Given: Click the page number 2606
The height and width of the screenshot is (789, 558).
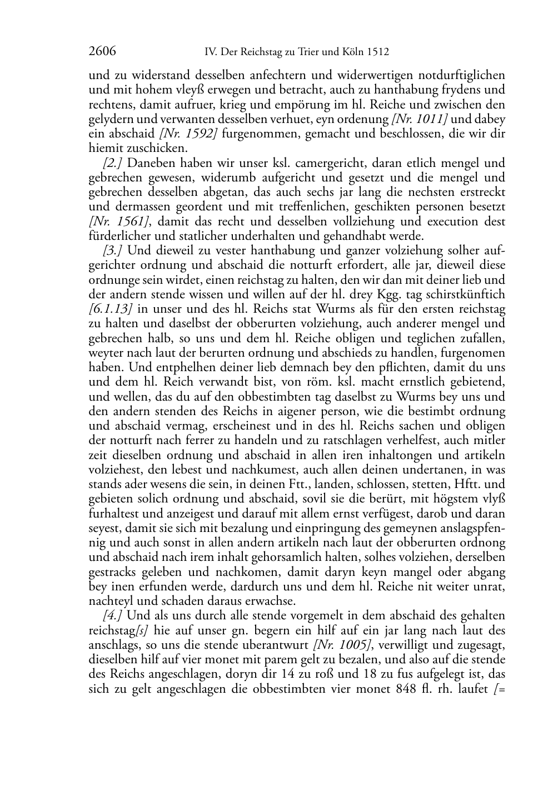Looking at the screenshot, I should pos(102,52).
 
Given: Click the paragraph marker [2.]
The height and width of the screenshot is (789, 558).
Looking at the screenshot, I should pos(114,163).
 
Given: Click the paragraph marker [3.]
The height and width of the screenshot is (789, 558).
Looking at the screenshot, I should pos(114,250).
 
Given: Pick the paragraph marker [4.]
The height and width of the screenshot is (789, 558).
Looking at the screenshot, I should pos(114,615).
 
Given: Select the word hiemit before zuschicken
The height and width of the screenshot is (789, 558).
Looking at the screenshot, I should pos(106,149).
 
